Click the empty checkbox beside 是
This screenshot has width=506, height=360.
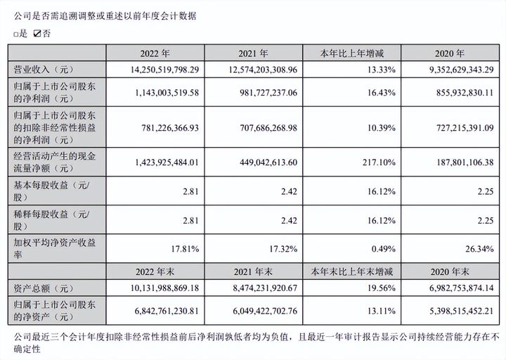pos(15,34)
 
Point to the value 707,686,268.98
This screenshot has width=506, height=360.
pos(257,128)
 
